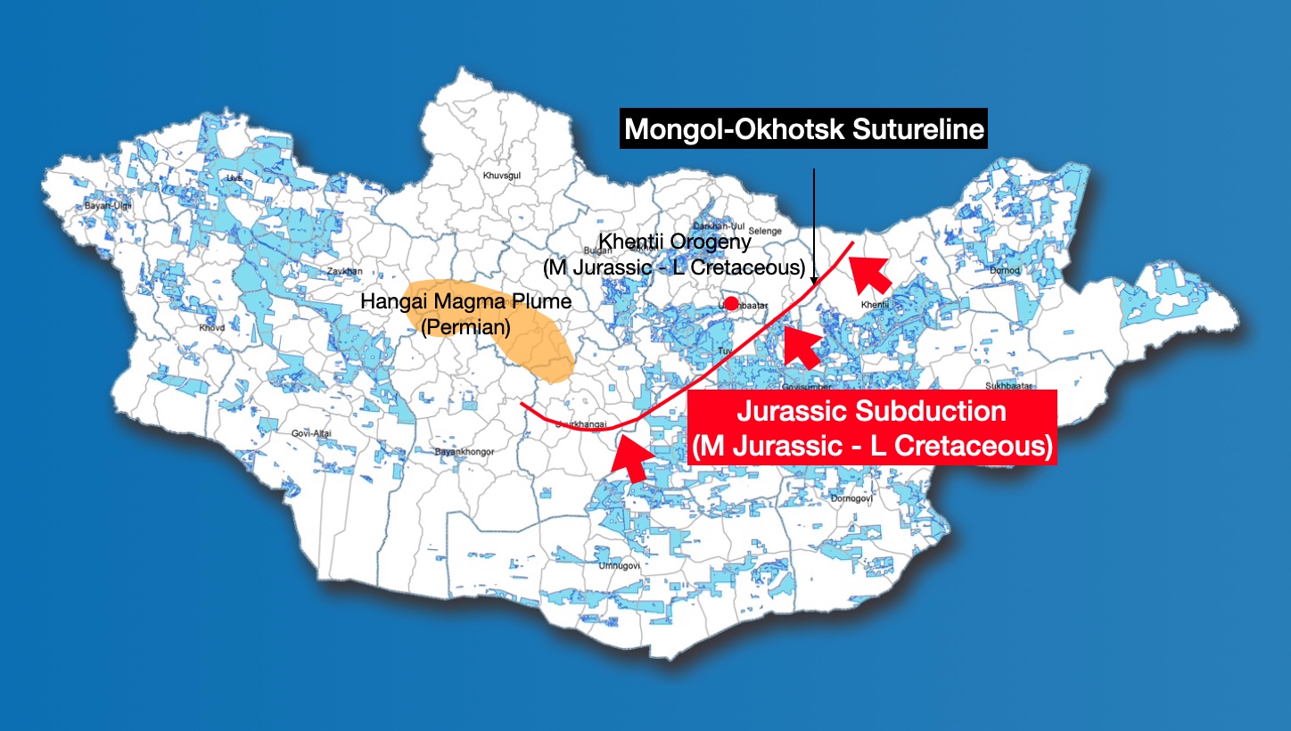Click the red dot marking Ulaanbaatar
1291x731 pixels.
(x=731, y=303)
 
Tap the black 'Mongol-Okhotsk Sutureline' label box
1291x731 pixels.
(x=804, y=129)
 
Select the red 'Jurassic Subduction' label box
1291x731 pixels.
(x=873, y=428)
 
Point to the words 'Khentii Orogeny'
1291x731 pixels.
(x=675, y=242)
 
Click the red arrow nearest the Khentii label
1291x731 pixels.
(x=869, y=270)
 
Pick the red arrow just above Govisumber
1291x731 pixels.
(x=802, y=347)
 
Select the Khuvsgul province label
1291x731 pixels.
(x=501, y=176)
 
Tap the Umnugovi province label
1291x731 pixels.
(x=602, y=563)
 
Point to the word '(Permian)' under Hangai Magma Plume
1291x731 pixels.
(x=465, y=327)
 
